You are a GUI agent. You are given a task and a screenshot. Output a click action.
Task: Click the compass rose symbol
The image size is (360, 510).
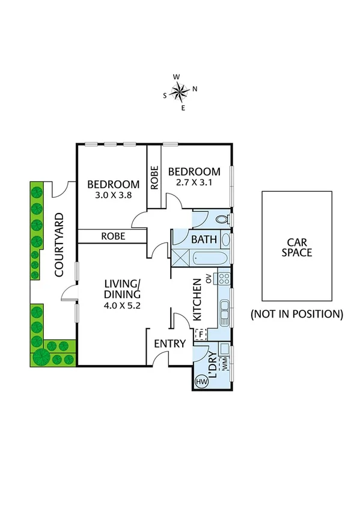click(x=179, y=91)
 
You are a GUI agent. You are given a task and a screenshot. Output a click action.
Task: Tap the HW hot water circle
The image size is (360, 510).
click(x=200, y=381)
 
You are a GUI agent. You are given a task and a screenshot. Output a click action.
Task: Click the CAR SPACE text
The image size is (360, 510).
click(x=297, y=247)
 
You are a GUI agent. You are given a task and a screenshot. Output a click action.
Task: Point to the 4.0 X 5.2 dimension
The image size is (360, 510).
click(x=122, y=306)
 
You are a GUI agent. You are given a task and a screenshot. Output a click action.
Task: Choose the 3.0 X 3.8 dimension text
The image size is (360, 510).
click(x=113, y=195)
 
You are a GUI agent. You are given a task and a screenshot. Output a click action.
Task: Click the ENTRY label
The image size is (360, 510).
click(x=169, y=344)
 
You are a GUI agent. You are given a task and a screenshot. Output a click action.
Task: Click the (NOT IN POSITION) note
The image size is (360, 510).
click(x=297, y=313)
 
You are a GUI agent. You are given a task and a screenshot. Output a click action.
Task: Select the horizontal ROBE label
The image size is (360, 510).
click(x=113, y=236)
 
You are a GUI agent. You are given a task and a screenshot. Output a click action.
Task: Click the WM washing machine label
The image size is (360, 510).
click(x=225, y=364)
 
